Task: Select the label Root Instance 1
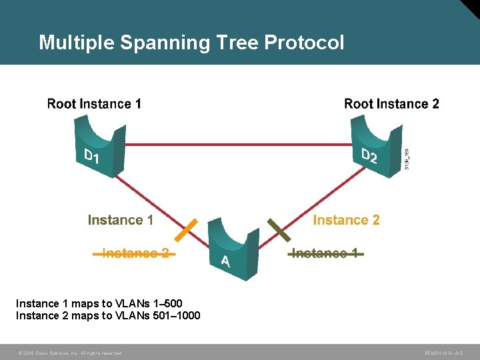click(x=94, y=104)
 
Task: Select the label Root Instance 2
click(x=391, y=104)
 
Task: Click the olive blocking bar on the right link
click(x=278, y=229)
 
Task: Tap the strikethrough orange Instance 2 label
click(x=135, y=253)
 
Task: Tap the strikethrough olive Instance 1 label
click(x=327, y=253)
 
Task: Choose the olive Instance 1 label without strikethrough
click(x=120, y=220)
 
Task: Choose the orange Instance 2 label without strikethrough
click(x=346, y=220)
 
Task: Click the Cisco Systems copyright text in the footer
click(x=69, y=353)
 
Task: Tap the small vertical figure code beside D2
click(x=407, y=158)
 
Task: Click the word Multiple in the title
click(x=76, y=43)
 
